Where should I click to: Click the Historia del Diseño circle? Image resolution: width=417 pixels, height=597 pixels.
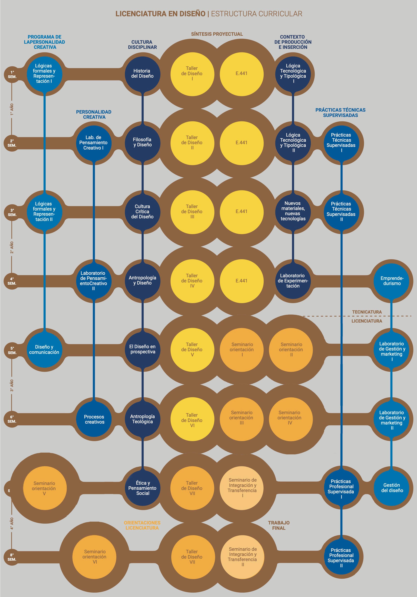pos(142,74)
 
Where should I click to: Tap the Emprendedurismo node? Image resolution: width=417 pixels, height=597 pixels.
pos(392,281)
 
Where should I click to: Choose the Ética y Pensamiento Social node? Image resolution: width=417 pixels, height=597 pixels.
pos(142,488)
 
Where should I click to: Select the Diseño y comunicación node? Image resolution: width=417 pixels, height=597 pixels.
pos(44,349)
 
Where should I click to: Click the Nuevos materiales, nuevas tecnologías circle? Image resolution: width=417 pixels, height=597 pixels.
pos(293,211)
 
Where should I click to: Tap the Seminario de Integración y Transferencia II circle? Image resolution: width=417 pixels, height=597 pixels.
pos(242,557)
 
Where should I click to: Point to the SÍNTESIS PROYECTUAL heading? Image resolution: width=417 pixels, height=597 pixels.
pos(217,34)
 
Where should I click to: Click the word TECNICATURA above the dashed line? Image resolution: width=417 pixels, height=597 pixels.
pos(367,312)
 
